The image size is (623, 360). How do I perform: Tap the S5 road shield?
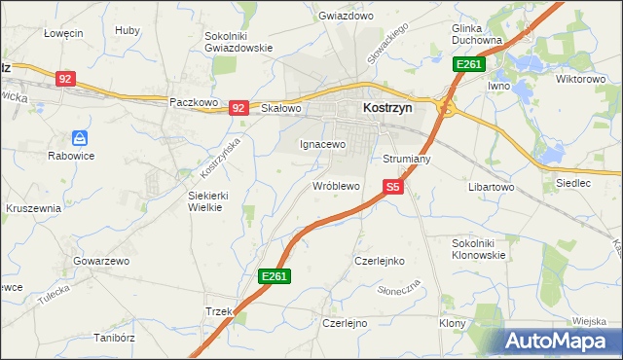coord(392,186)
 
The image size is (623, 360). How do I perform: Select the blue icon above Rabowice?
coord(81,139)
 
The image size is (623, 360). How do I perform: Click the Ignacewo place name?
coord(322,144)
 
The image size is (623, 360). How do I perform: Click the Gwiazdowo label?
coord(346,17)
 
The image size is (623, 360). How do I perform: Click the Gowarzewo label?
coord(101,261)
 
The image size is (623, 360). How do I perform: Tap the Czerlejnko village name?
coord(380,261)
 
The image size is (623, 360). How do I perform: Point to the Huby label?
coord(127,30)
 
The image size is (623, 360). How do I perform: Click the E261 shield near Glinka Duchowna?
coord(469,64)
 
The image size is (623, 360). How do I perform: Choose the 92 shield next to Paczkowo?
coord(239,108)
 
